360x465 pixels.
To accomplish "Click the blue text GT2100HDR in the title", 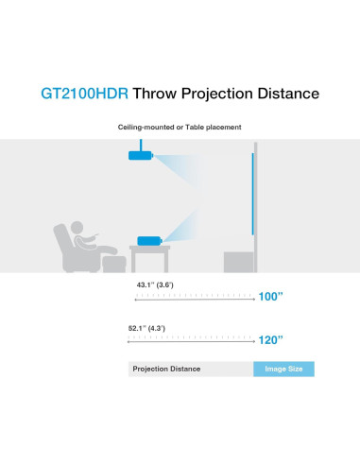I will [83, 94].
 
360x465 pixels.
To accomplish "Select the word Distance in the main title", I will [285, 94].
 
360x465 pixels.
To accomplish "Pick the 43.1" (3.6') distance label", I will [155, 284].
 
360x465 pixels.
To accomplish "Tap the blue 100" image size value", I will [271, 297].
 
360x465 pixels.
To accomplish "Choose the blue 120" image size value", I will [271, 339].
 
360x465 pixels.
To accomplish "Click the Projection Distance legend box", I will [190, 369].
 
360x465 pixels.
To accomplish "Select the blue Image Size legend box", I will [283, 369].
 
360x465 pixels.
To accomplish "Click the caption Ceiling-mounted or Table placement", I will [180, 127].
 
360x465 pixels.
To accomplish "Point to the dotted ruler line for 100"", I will [194, 297].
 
